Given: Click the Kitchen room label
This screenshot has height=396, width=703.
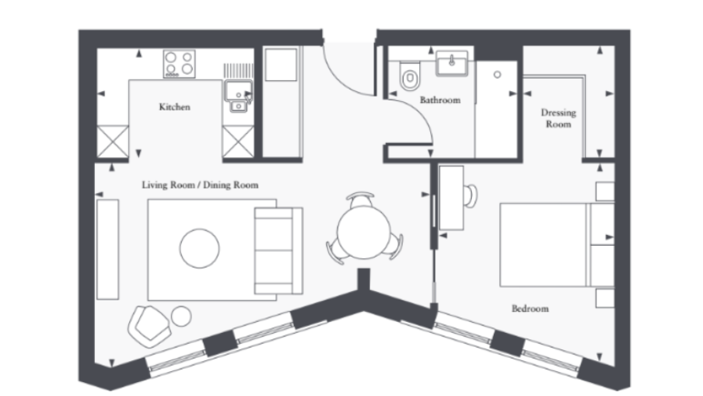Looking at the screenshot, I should point(174,107).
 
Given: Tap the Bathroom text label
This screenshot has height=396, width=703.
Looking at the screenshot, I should point(439,100).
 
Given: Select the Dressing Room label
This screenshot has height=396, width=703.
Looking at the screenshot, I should point(558,118).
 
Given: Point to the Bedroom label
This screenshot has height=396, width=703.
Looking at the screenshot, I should point(530,309).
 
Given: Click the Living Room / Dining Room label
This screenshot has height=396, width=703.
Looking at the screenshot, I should point(200,186).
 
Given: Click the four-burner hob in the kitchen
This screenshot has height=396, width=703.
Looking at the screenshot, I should point(179,64).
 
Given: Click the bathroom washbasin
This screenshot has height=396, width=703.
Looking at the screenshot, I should point(449,65).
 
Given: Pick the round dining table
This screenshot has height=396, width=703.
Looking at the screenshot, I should point(365,230).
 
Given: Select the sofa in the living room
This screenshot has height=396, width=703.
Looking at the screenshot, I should point(278,249).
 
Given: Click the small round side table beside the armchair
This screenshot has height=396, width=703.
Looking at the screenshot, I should point(181,316).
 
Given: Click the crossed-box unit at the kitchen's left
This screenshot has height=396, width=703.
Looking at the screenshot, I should point(111,142).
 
